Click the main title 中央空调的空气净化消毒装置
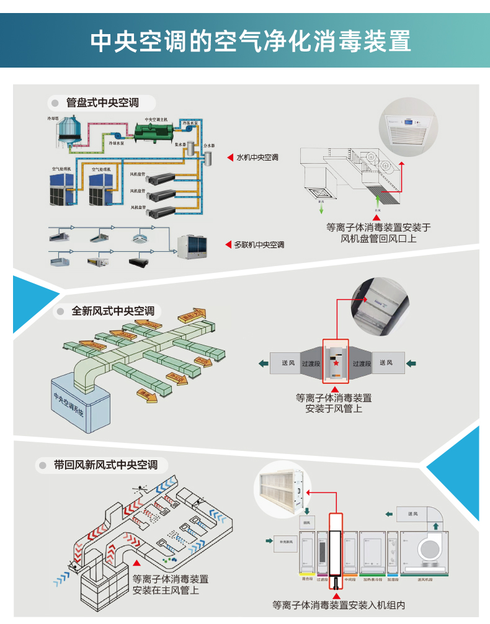pos(251,42)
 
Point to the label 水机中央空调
pos(257,158)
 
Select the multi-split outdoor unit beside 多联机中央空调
pos(193,247)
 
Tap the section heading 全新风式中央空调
pos(112,311)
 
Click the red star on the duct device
pos(336,363)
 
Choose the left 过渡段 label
pos(311,363)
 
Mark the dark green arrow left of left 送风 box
pos(263,363)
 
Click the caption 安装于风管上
pos(334,409)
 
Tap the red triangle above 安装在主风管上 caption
pos(136,563)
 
